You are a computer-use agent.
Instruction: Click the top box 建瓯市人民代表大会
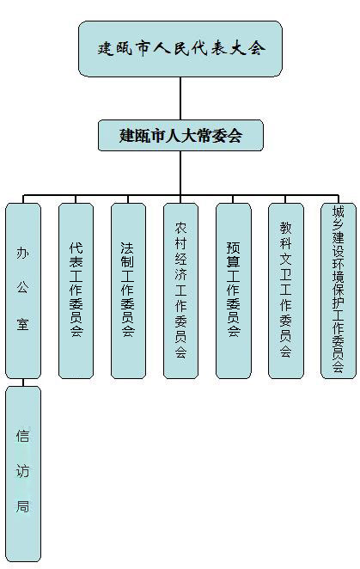(180, 48)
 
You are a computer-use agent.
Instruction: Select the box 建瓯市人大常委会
(180, 135)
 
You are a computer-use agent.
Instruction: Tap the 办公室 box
(23, 290)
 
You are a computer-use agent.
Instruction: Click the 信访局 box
(23, 473)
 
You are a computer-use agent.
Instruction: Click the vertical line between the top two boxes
(180, 96)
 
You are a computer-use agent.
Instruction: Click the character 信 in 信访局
(23, 437)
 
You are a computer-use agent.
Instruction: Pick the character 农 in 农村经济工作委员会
(180, 229)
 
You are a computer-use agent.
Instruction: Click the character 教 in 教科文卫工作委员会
(285, 229)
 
